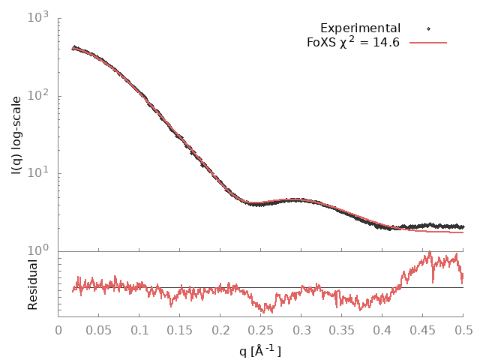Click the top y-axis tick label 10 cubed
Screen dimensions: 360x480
pyautogui.click(x=40, y=17)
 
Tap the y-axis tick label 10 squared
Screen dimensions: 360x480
pyautogui.click(x=40, y=95)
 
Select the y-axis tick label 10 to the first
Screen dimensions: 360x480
pyautogui.click(x=40, y=173)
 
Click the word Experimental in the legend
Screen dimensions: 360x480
pyautogui.click(x=360, y=28)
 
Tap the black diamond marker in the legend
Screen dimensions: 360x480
pyautogui.click(x=428, y=28)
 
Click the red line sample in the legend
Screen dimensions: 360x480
pyautogui.click(x=428, y=43)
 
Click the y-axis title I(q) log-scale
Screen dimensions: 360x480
pyautogui.click(x=16, y=135)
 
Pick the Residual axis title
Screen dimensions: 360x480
pyautogui.click(x=32, y=284)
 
